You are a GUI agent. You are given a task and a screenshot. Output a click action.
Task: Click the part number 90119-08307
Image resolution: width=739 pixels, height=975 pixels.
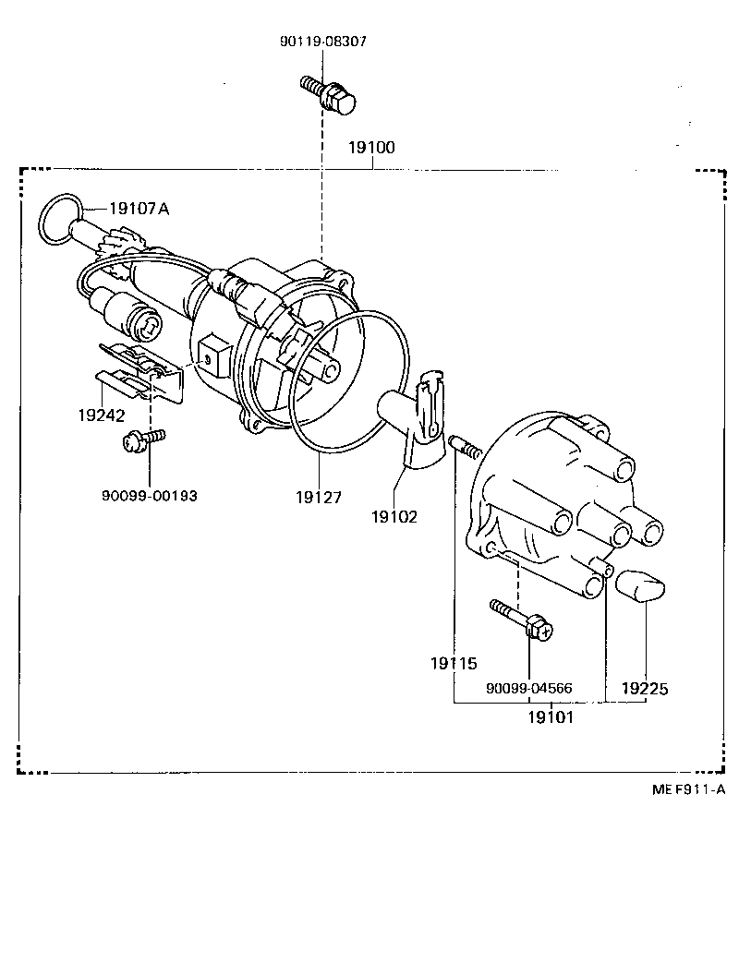(323, 42)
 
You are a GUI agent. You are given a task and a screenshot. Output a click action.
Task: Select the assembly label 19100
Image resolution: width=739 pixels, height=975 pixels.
(371, 148)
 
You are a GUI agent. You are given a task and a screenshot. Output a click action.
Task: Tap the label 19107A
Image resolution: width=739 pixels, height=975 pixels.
(139, 209)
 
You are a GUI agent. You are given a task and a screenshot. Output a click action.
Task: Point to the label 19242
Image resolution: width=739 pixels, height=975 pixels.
(102, 415)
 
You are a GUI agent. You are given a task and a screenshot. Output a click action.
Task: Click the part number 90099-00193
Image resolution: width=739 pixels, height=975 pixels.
(149, 495)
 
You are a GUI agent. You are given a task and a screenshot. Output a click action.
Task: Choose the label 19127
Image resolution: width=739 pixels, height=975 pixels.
(320, 497)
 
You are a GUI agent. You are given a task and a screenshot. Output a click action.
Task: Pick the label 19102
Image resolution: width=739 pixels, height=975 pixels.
(394, 517)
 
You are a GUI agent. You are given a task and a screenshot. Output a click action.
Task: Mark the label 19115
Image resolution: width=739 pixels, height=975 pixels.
(454, 663)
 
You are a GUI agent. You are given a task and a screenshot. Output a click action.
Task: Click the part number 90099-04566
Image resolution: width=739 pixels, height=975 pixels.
(529, 688)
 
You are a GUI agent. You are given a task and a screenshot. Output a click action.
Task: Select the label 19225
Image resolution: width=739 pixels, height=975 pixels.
(645, 688)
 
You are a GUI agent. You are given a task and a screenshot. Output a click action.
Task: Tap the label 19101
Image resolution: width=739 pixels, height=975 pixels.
(551, 716)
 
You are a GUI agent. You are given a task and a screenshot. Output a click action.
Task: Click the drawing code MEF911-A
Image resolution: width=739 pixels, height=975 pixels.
(688, 789)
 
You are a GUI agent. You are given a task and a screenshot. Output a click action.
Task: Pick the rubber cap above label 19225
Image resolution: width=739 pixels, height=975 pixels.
(644, 585)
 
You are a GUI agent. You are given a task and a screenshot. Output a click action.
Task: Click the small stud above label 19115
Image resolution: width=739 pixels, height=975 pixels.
(466, 449)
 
